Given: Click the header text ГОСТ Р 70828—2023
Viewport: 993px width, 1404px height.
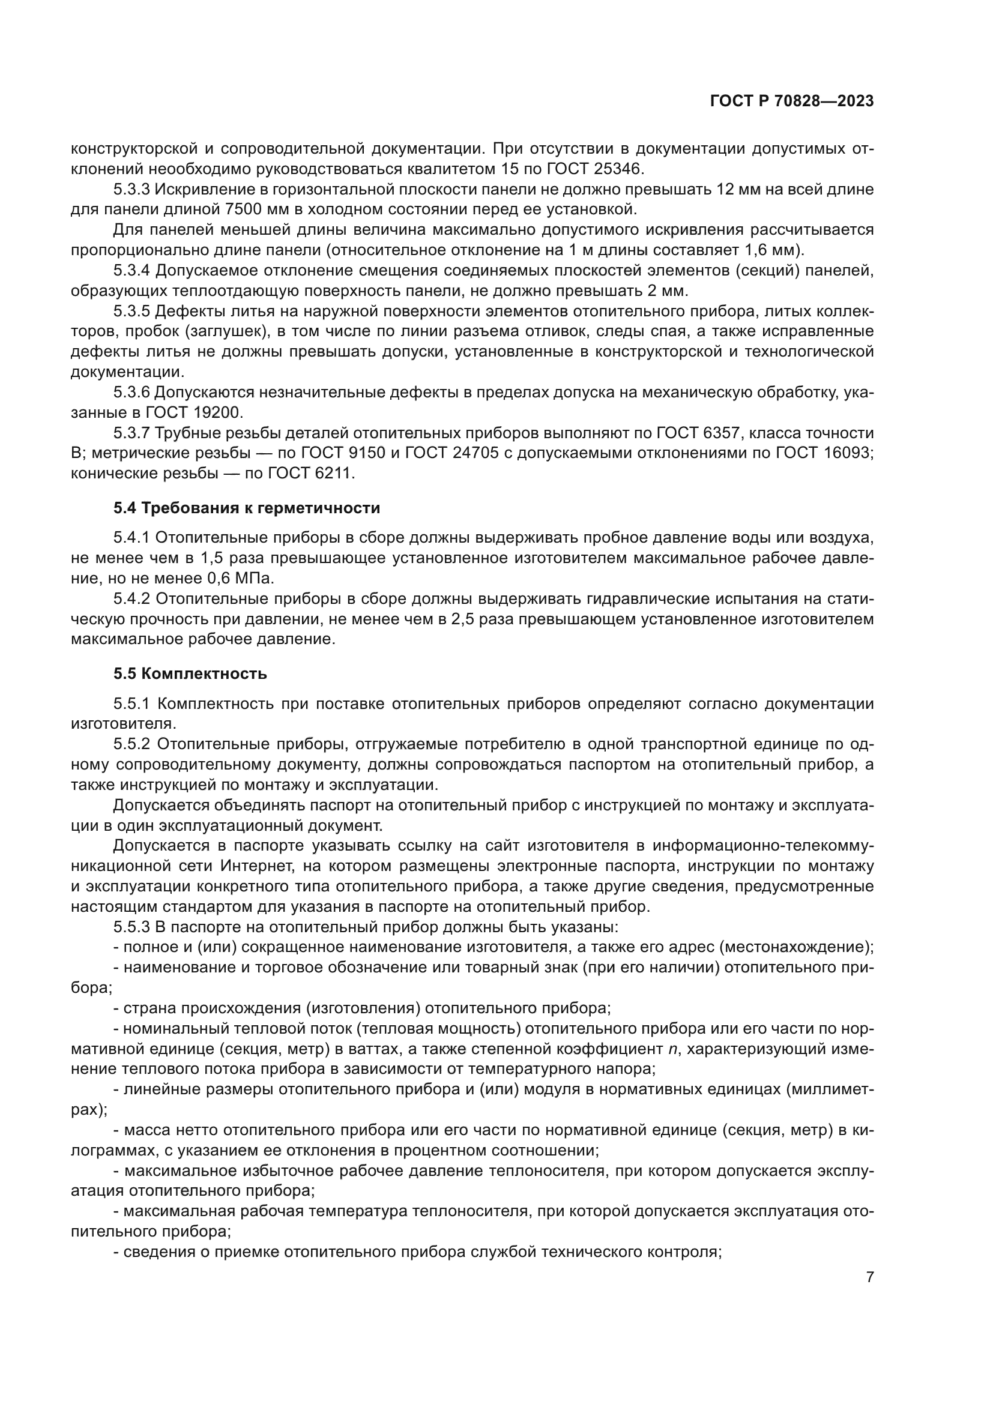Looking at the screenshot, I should (792, 101).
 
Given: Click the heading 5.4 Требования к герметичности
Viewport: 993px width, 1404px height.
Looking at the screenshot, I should (246, 508).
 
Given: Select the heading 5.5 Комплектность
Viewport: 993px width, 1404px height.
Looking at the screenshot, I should (190, 674).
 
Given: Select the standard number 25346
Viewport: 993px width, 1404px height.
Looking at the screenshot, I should (616, 169).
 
